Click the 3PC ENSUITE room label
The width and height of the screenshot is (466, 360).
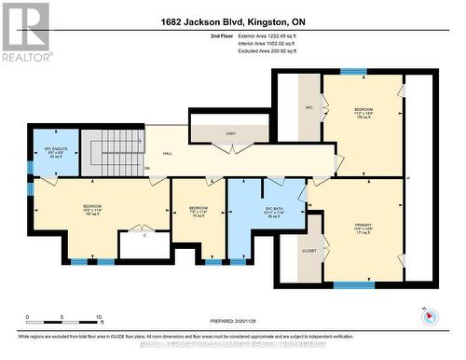[x=53, y=147]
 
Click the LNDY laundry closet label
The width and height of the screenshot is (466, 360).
[x=230, y=134]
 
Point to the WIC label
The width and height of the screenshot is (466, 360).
[x=308, y=106]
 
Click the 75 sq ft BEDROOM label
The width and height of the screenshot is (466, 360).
[x=199, y=211]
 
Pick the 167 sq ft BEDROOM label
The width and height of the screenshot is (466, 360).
[x=92, y=209]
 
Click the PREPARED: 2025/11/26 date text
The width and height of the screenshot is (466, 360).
[x=232, y=319]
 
